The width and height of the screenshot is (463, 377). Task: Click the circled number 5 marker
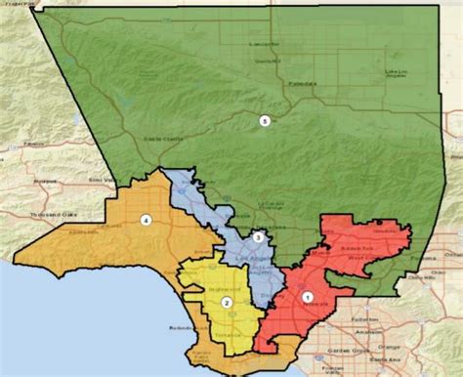click(x=263, y=120)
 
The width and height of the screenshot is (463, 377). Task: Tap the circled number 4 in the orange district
click(x=147, y=220)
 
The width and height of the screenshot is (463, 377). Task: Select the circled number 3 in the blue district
click(x=258, y=237)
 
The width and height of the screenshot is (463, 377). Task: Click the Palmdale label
click(x=303, y=85)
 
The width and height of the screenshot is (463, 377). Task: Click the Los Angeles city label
click(x=251, y=256)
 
